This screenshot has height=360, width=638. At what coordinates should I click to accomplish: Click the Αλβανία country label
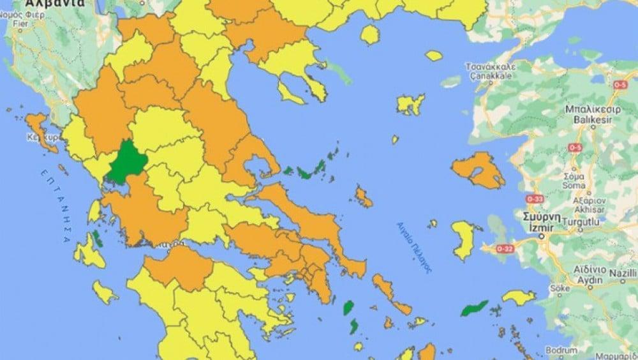click(x=44, y=3)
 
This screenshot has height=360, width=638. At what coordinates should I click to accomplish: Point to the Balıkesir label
click(x=584, y=119)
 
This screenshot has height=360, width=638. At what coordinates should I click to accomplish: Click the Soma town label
click(x=575, y=185)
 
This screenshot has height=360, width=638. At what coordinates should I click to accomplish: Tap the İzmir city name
click(x=544, y=227)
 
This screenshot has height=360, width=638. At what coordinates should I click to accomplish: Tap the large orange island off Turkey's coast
click(x=479, y=170)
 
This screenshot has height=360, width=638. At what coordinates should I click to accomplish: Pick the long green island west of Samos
click(x=475, y=310)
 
